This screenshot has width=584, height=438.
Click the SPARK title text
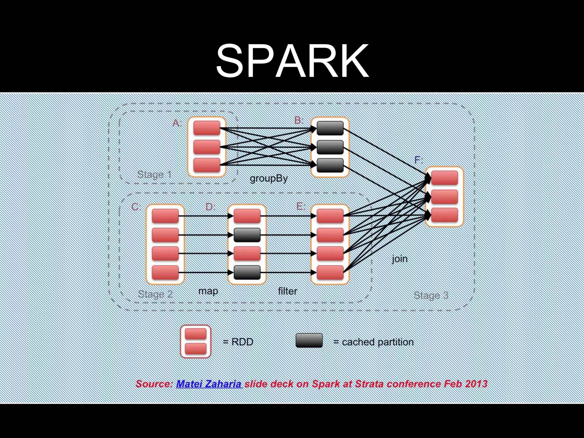pos(292,60)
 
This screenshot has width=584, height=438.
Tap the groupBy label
pos(268,179)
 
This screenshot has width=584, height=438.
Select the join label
pos(400,259)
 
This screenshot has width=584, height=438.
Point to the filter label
pos(287,291)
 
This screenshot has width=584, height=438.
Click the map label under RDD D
pos(208,291)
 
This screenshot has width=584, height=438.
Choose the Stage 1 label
pos(155,174)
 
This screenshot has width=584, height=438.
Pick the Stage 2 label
pos(155,294)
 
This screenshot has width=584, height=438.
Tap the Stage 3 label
pos(431,295)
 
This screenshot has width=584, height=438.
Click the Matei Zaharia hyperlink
pos(209,384)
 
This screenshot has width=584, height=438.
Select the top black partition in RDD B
pos(330,128)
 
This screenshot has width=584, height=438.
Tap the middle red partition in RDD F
pos(445,197)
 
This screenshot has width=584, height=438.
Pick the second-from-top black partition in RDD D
pos(247,235)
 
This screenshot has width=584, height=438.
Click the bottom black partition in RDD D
pos(247,272)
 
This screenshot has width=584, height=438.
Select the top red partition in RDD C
pos(165,216)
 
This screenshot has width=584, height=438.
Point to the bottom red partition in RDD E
pos(330,272)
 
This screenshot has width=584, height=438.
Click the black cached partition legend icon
pos(309,340)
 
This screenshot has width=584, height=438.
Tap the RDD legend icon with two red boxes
pos(196,341)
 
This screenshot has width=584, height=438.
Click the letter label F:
pos(418,160)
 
